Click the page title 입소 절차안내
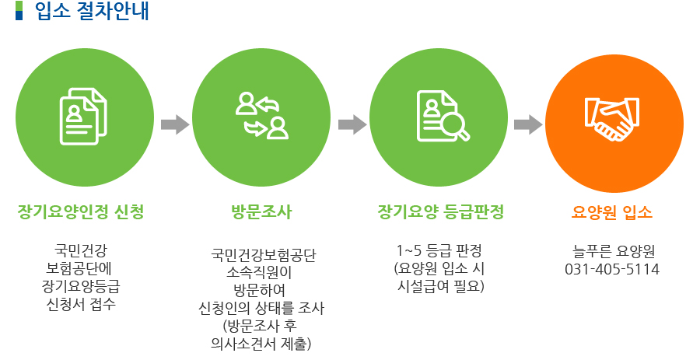[93, 12]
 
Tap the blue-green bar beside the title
[19, 12]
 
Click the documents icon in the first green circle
[82, 117]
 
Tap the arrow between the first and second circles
[175, 124]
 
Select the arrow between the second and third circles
[353, 124]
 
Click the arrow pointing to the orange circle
[529, 124]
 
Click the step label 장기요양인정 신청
[81, 211]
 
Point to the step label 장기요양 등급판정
[440, 211]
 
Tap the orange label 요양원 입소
[612, 211]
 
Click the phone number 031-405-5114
[612, 270]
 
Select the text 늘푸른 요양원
[612, 251]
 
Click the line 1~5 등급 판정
[440, 251]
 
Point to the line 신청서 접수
[81, 304]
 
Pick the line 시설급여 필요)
[440, 287]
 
